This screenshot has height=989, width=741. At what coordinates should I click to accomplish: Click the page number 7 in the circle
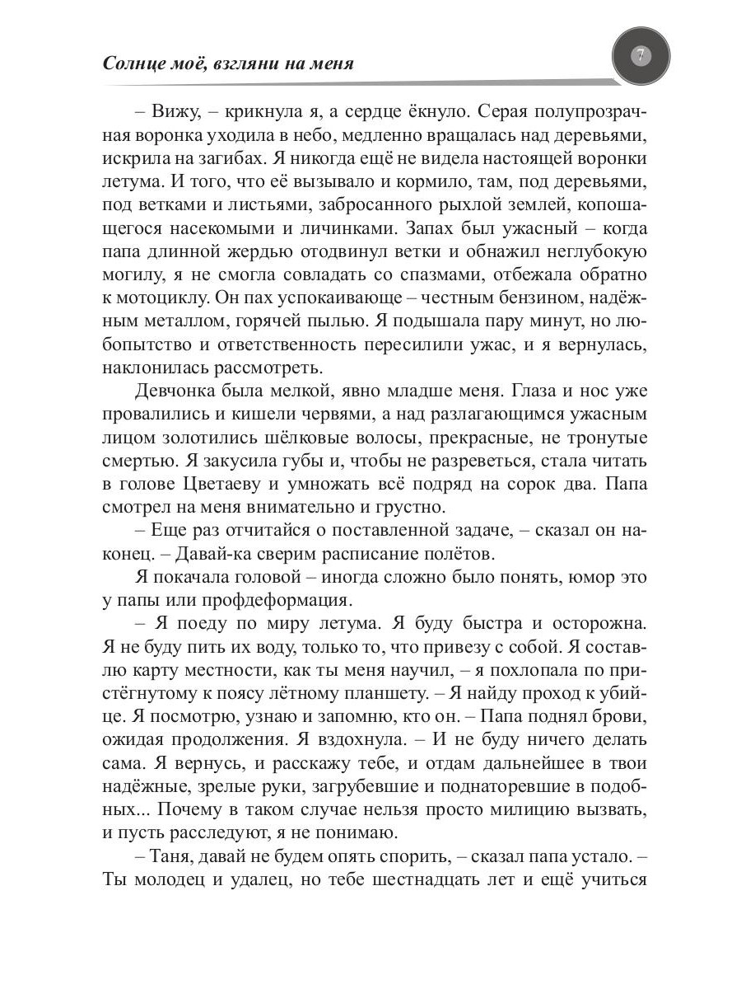pos(641,56)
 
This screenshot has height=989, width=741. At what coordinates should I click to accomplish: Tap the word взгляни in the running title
pos(249,63)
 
